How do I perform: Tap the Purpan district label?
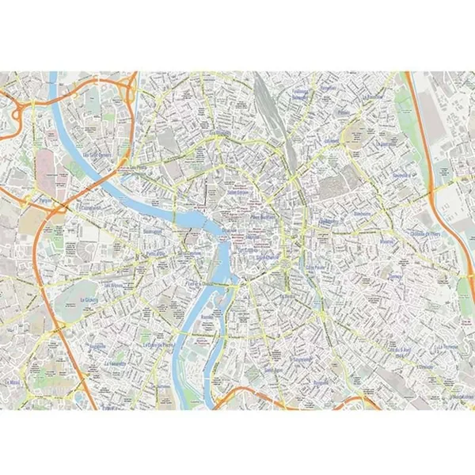tap(44, 201)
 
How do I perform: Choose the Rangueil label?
tap(321, 382)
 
